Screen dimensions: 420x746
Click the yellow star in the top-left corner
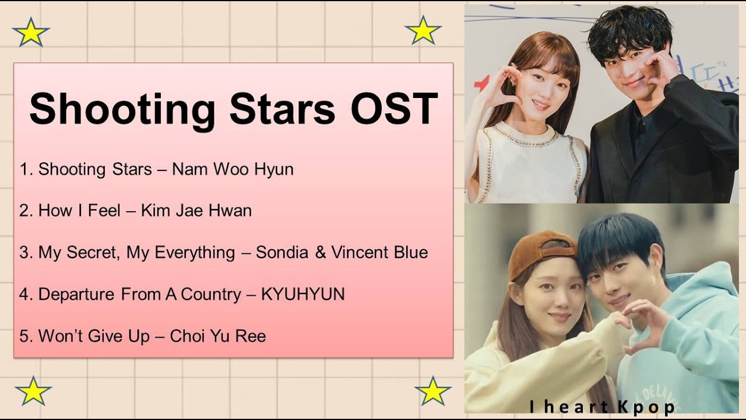tap(30, 33)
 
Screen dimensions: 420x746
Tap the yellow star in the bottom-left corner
tap(33, 391)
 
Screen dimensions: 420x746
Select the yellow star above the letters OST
tap(423, 30)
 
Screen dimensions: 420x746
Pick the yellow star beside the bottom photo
tap(432, 391)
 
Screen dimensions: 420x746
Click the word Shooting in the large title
tap(122, 109)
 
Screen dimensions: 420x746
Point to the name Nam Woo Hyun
tap(233, 169)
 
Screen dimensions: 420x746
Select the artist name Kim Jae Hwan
tap(196, 211)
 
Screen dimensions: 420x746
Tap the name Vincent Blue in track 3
tap(379, 253)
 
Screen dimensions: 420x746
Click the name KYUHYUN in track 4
tap(302, 295)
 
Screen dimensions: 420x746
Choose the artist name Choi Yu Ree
tap(217, 337)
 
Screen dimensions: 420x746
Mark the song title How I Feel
tap(79, 211)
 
